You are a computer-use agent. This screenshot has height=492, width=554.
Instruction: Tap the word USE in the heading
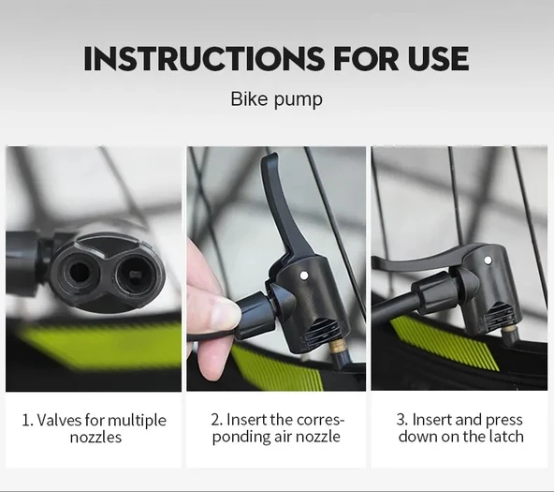(x=439, y=58)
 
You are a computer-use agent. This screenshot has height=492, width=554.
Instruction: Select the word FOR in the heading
(x=366, y=58)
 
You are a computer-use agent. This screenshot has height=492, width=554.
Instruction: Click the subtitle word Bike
(x=249, y=99)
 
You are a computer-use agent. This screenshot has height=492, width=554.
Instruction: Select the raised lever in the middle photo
(x=283, y=209)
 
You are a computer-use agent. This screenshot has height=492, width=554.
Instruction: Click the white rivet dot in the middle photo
(x=302, y=275)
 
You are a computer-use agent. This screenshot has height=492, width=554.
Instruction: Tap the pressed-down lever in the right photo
(x=420, y=259)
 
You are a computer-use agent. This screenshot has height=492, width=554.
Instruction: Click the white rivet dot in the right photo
(x=488, y=261)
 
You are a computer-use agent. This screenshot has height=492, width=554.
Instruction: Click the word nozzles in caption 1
(x=95, y=438)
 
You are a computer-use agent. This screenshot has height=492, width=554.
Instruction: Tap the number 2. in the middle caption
(x=216, y=420)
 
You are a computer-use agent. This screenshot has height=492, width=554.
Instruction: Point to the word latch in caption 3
(x=506, y=437)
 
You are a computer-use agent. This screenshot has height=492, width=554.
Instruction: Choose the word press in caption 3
(x=504, y=421)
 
